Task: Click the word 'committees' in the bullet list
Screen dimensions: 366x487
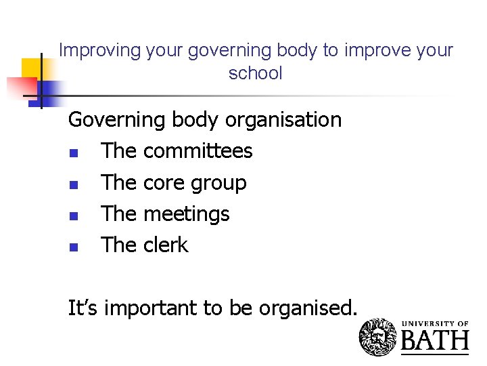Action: point(198,151)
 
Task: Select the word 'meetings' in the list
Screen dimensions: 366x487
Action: point(187,214)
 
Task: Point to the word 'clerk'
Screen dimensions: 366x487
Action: point(166,245)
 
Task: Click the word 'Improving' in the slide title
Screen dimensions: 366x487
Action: point(92,50)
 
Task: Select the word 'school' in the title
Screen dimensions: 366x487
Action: point(255,73)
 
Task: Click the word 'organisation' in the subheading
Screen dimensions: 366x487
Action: point(283,120)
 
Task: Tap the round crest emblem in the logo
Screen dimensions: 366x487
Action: point(378,337)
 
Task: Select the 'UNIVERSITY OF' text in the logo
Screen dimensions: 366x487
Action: point(435,324)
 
